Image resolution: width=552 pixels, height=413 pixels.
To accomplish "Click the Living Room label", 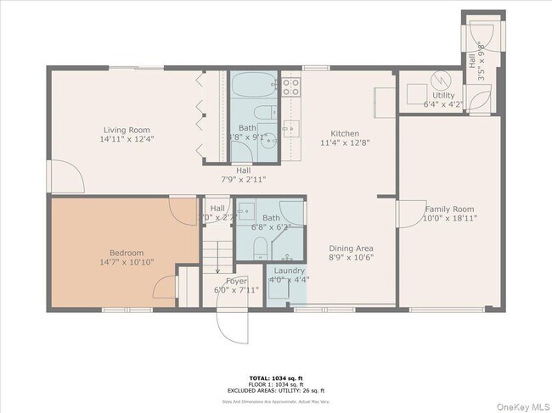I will pyautogui.click(x=127, y=129).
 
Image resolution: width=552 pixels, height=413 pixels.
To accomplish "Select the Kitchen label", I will pyautogui.click(x=345, y=134).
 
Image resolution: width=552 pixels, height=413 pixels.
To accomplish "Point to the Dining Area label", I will pyautogui.click(x=352, y=248).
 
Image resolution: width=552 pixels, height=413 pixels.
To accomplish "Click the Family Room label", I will pyautogui.click(x=449, y=209).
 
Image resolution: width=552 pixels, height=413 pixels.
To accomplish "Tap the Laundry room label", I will pyautogui.click(x=289, y=271).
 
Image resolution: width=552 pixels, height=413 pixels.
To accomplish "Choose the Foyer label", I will pyautogui.click(x=235, y=281).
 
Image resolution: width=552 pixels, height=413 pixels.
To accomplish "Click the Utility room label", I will pyautogui.click(x=443, y=95).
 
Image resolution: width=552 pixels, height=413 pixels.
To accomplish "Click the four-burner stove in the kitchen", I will pyautogui.click(x=290, y=86).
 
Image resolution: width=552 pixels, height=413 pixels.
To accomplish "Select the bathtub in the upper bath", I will pyautogui.click(x=253, y=86).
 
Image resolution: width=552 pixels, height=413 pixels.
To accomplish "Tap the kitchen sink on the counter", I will pyautogui.click(x=290, y=128).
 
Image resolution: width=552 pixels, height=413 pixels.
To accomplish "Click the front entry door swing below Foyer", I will pyautogui.click(x=231, y=326).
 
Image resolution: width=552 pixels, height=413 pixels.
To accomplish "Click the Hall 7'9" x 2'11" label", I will pyautogui.click(x=243, y=174).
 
